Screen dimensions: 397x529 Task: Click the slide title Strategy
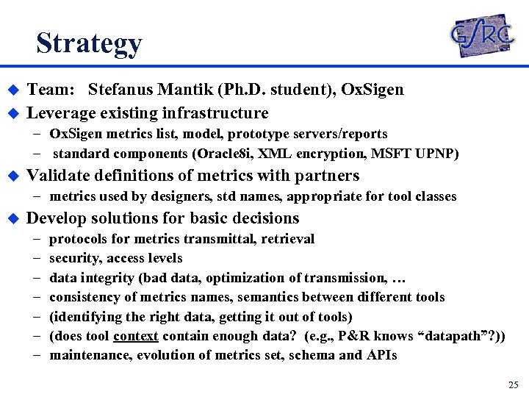point(89,43)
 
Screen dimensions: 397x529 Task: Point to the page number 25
point(513,385)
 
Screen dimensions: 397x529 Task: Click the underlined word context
point(137,336)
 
